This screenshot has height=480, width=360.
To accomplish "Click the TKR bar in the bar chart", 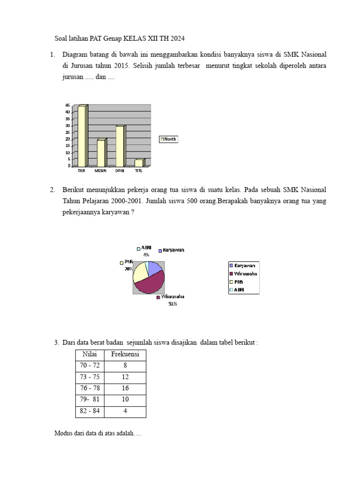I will coord(82,136).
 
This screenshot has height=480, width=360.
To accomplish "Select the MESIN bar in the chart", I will coord(101,153).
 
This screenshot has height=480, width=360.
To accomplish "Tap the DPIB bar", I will coord(120,146).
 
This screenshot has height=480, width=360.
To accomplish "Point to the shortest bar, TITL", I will coord(139,163).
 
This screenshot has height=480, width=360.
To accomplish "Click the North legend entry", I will coord(169,139).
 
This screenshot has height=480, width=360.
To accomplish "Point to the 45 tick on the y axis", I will coord(68,105).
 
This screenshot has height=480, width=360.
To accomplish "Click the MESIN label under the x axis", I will coord(100,171).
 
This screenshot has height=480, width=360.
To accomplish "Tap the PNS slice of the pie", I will coord(139,272).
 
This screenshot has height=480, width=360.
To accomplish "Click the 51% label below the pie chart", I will coord(172,304).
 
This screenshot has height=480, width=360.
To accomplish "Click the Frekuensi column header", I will coord(125,354).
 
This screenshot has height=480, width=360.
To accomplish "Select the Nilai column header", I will coord(89,354).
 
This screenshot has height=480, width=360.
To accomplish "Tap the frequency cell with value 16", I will coord(125,389).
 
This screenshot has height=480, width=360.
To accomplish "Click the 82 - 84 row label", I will coord(89,411).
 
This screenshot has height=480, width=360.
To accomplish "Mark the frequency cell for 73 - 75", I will coord(125,377).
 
